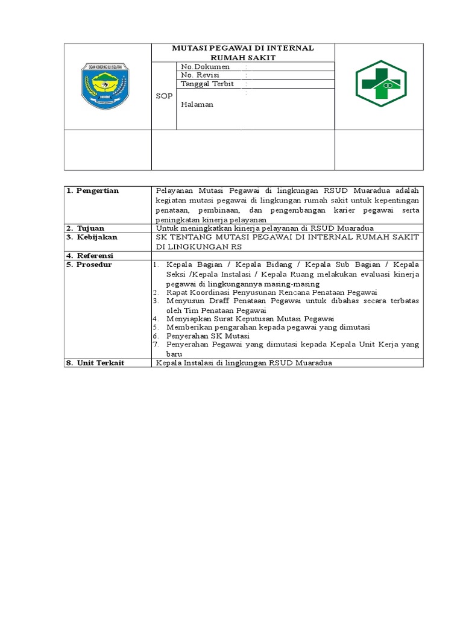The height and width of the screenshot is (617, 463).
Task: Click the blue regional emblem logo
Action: pyautogui.click(x=106, y=86)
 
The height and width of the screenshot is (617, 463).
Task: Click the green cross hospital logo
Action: pyautogui.click(x=380, y=83)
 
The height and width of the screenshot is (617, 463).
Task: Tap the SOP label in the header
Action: pyautogui.click(x=164, y=96)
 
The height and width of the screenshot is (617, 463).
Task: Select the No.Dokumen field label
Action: pyautogui.click(x=205, y=66)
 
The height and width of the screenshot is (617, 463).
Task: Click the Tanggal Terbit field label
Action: pyautogui.click(x=207, y=84)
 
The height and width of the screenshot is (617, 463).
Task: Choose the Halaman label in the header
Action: pyautogui.click(x=197, y=104)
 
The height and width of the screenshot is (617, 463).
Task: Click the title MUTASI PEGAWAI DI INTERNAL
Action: pyautogui.click(x=242, y=48)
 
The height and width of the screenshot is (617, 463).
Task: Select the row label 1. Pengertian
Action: pyautogui.click(x=95, y=190)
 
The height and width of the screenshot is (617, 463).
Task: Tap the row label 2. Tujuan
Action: pyautogui.click(x=88, y=228)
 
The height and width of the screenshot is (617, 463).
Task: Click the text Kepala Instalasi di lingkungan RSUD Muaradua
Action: pyautogui.click(x=244, y=363)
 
